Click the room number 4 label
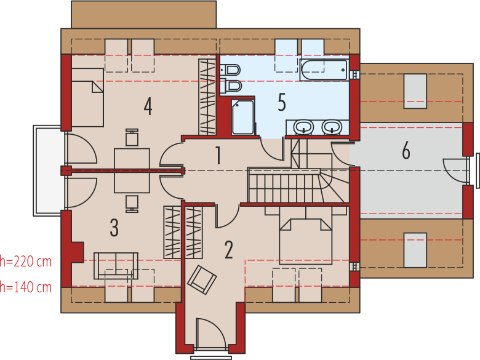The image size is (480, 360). (x=148, y=106)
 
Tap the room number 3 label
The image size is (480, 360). (x=114, y=228)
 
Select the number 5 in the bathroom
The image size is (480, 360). (x=282, y=102)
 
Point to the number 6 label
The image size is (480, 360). (x=406, y=150)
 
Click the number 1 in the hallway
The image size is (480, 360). (x=218, y=155)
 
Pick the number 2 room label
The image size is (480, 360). (x=229, y=250)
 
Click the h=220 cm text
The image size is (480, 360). (x=26, y=262)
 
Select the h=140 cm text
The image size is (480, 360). (x=26, y=287)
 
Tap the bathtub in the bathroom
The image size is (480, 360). (x=324, y=70)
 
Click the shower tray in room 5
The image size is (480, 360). (x=242, y=117)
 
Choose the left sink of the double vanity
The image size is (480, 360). (x=303, y=127)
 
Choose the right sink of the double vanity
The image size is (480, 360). (x=332, y=127)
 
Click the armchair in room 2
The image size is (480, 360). (x=202, y=280)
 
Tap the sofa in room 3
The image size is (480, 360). (x=116, y=266)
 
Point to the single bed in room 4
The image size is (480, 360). (x=87, y=97)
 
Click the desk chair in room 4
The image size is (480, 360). (x=132, y=137)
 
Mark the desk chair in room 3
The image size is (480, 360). (x=132, y=204)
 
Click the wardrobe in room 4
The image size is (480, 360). (x=207, y=97)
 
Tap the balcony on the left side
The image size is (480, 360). (x=49, y=170)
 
